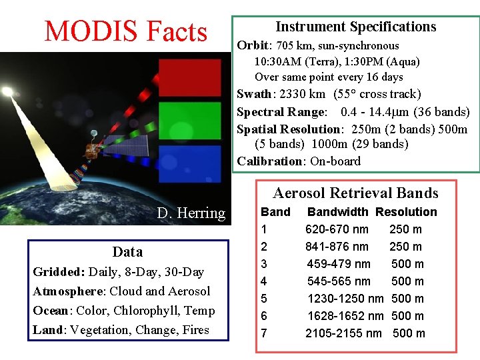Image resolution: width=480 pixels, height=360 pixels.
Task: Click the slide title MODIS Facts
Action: pyautogui.click(x=125, y=31)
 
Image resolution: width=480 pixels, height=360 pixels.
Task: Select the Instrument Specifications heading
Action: pyautogui.click(x=356, y=27)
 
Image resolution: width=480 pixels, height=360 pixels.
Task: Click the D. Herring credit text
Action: pyautogui.click(x=191, y=213)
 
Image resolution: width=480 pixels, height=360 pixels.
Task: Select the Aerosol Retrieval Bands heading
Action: pyautogui.click(x=355, y=193)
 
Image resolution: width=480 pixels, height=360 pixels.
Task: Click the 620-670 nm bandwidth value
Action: pyautogui.click(x=337, y=229)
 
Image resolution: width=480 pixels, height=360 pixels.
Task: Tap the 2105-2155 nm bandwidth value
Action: pyautogui.click(x=343, y=333)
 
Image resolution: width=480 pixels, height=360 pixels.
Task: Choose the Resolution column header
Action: pyautogui.click(x=406, y=212)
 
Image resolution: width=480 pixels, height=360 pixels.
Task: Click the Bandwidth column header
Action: pyautogui.click(x=337, y=212)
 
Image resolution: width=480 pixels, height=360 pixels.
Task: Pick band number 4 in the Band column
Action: pyautogui.click(x=264, y=281)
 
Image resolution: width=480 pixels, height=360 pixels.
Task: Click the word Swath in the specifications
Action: pyautogui.click(x=254, y=95)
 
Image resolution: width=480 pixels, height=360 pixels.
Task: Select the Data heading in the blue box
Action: pyautogui.click(x=127, y=252)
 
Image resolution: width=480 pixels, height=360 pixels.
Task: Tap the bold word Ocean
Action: pyautogui.click(x=51, y=311)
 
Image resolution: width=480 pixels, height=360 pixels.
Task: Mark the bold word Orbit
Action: pyautogui.click(x=252, y=46)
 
